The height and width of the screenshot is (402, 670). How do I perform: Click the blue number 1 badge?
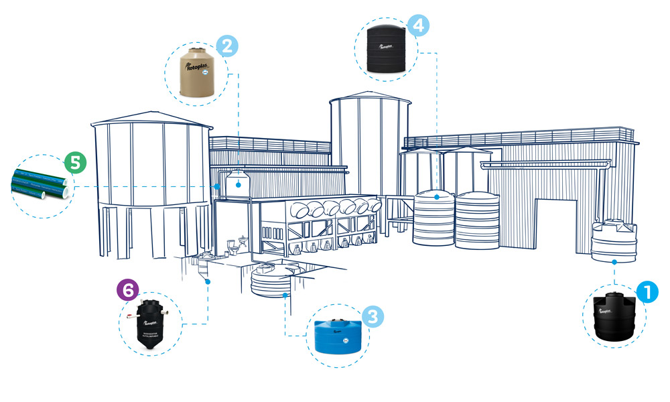[x=648, y=291]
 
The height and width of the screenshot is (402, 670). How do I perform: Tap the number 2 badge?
[x=227, y=46]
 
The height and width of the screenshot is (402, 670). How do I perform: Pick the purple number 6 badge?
[x=127, y=289]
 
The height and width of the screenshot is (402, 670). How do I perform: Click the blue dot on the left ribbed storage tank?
[x=437, y=197]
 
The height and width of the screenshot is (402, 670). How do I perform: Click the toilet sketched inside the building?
[x=232, y=248]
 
